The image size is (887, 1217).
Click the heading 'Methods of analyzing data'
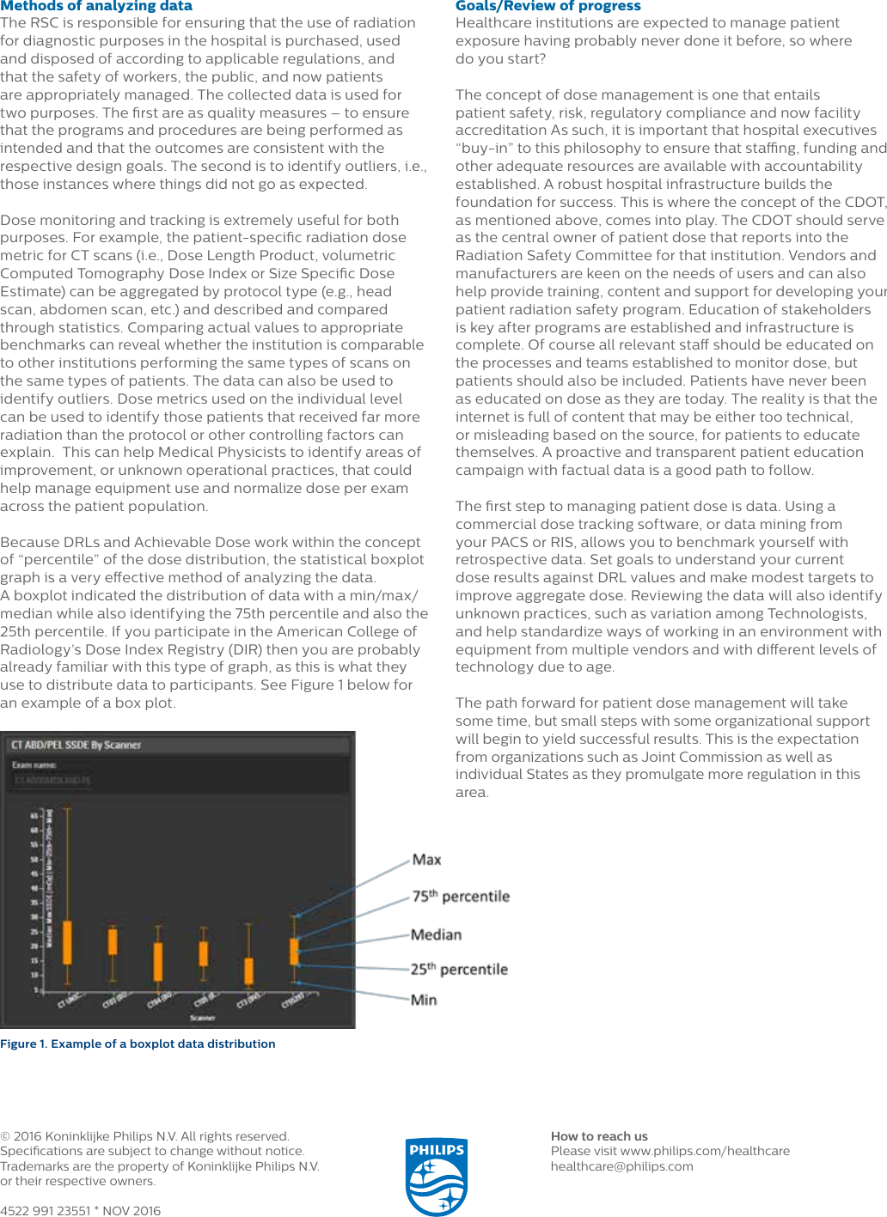tap(96, 6)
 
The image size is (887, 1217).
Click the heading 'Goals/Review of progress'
tap(547, 6)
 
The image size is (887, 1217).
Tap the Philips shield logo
tap(437, 1176)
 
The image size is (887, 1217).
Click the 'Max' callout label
tap(426, 860)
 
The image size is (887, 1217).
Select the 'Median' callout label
tap(436, 934)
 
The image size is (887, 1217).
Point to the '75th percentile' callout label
tap(461, 897)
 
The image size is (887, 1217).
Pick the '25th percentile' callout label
tap(459, 970)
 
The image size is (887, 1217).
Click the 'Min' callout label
tap(424, 1000)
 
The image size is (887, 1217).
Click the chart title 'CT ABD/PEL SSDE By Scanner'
tap(76, 745)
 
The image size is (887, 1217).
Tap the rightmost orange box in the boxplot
tap(294, 952)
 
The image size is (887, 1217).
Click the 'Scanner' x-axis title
tap(202, 1018)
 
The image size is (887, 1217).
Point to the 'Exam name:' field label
tap(34, 764)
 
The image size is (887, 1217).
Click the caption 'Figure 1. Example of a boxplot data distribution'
tap(138, 1044)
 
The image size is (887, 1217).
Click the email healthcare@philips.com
tap(621, 1166)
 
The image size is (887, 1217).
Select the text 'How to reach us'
tap(599, 1136)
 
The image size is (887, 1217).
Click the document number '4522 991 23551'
tap(45, 1210)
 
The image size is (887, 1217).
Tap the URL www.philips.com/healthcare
tap(705, 1151)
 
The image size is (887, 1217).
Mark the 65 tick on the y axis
tap(34, 815)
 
